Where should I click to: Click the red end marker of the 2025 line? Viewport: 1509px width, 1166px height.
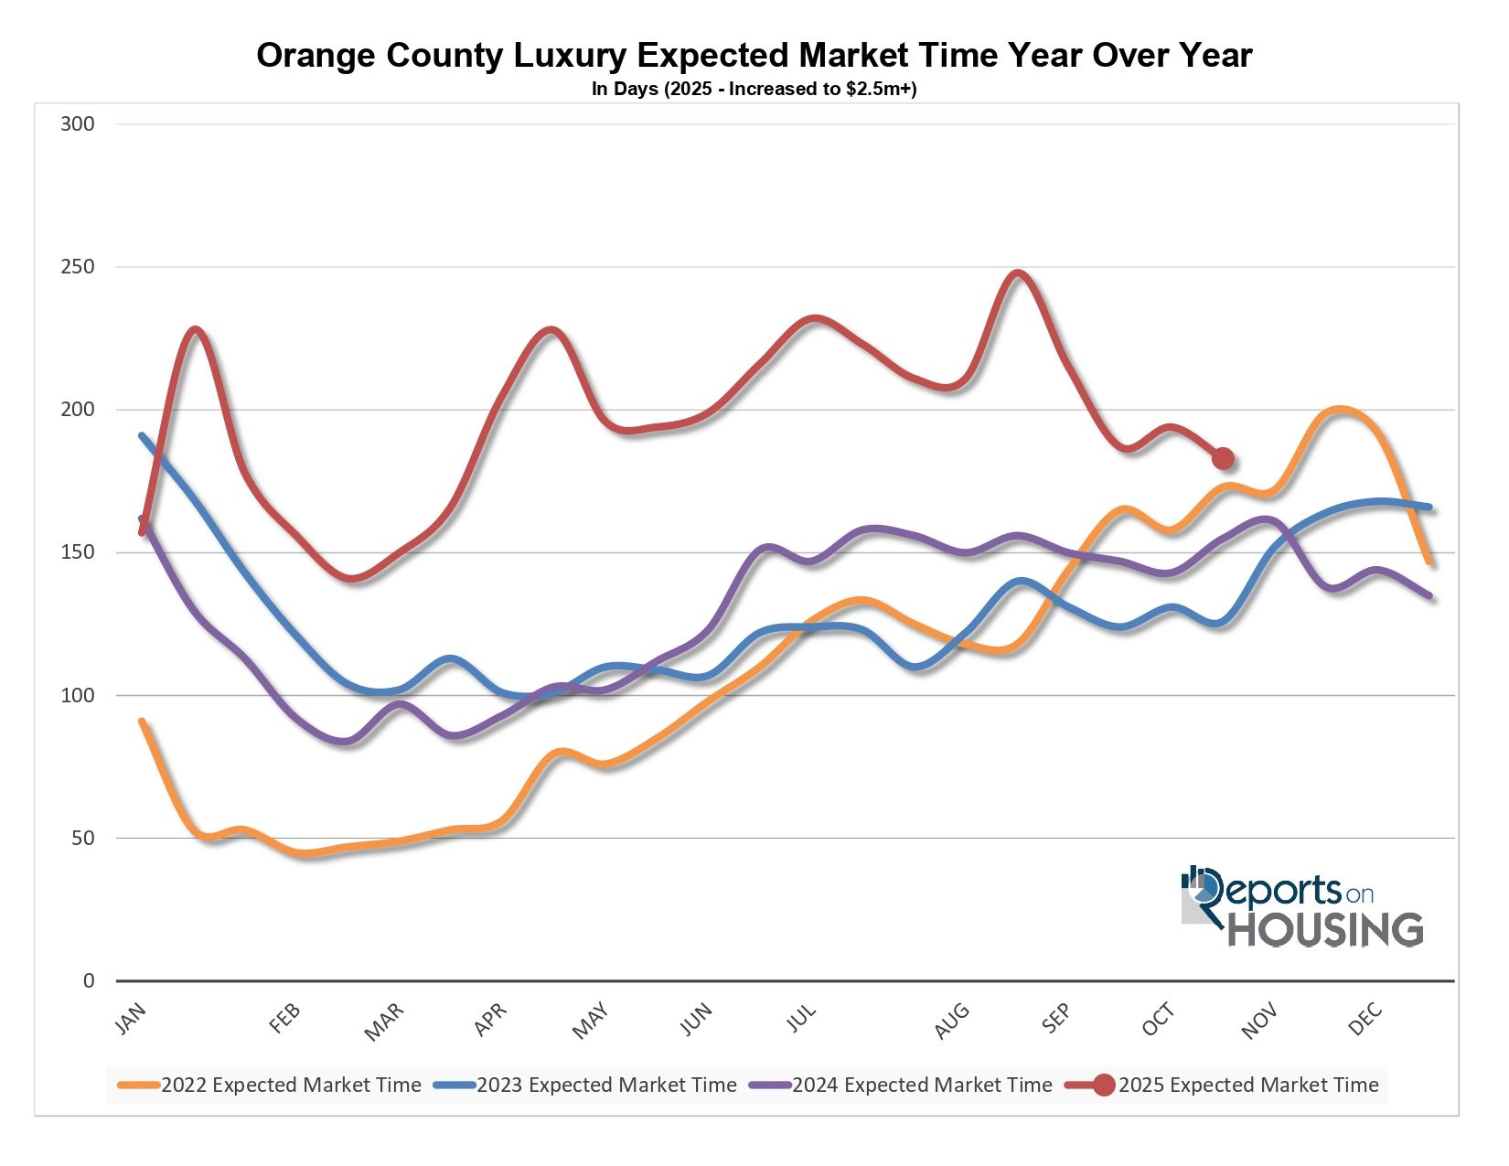(1223, 458)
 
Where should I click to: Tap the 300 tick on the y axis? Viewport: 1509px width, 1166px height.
(78, 124)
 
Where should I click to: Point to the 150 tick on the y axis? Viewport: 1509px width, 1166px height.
(78, 552)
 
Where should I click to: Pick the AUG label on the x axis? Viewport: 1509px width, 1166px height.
(952, 1022)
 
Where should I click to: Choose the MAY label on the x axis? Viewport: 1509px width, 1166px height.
(590, 1021)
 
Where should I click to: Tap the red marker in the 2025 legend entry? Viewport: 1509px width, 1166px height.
(1104, 1086)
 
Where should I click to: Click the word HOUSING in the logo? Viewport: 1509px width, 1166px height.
(1325, 930)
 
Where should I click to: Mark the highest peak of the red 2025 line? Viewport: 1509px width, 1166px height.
(1018, 273)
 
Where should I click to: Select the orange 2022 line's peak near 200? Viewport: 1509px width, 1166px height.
(1340, 409)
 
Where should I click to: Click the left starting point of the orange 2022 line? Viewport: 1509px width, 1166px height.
(142, 722)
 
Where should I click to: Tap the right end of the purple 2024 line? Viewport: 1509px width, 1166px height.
(1429, 596)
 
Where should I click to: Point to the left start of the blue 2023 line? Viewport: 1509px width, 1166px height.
(142, 435)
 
